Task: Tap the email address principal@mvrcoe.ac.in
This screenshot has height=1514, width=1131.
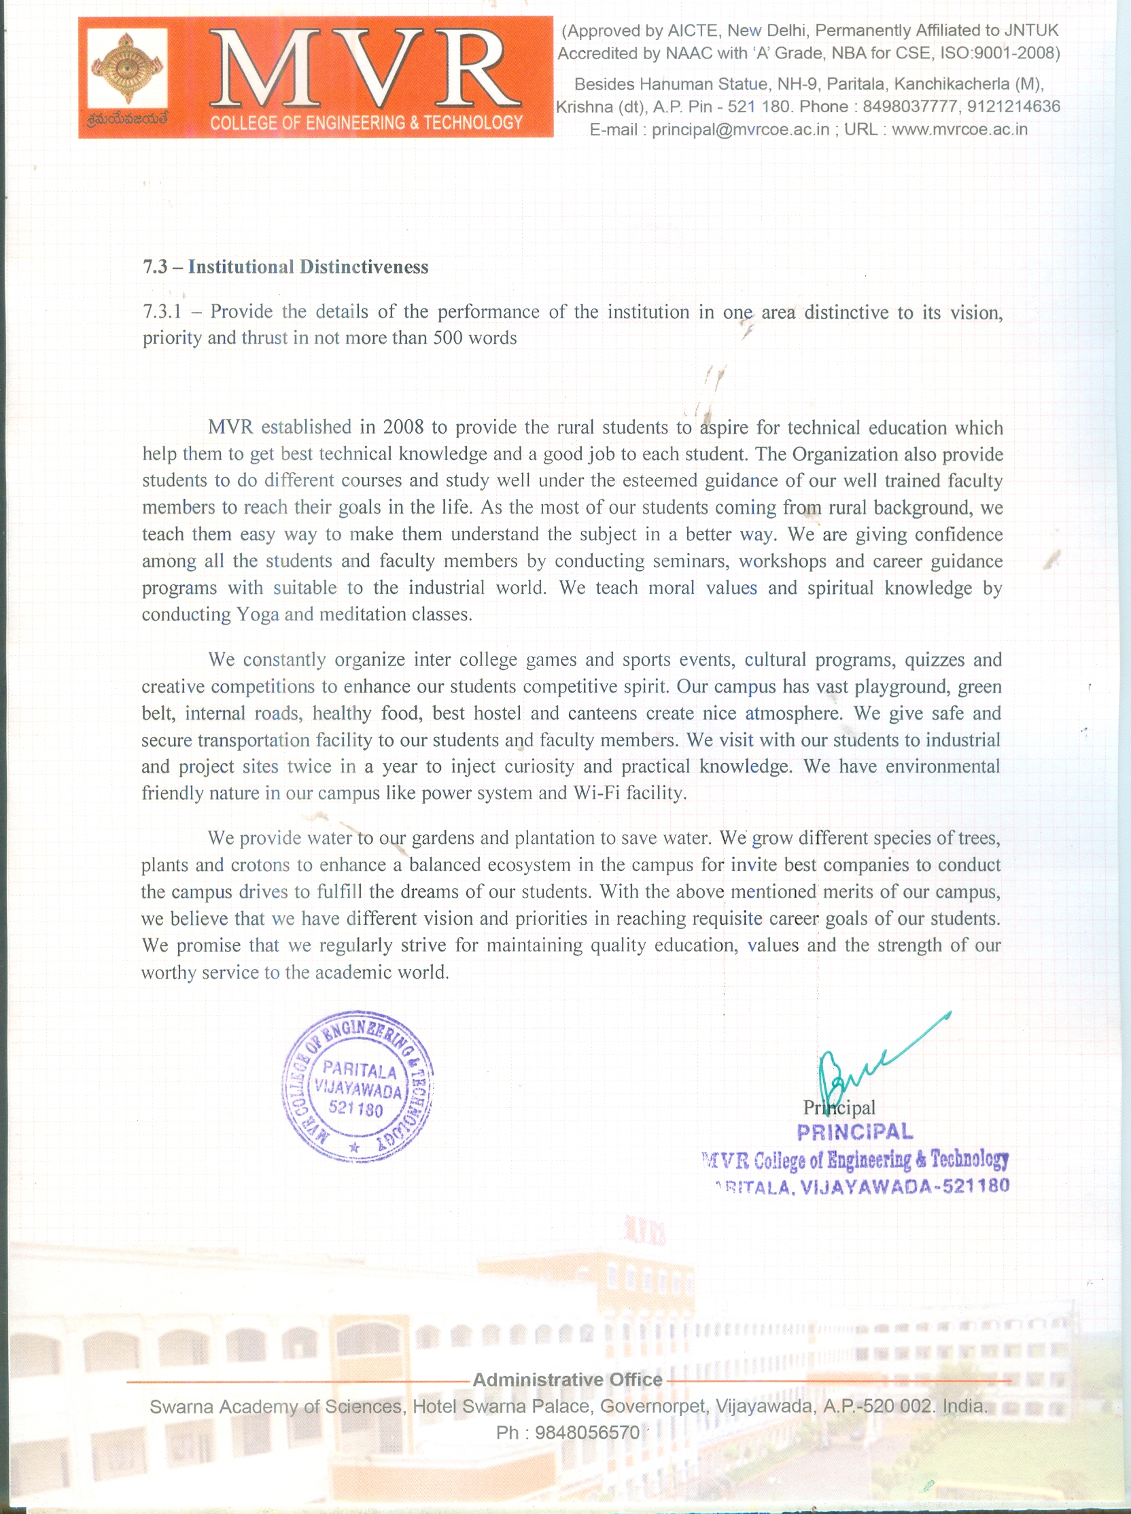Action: (x=740, y=129)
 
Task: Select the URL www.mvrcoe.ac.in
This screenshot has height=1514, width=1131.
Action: (x=959, y=129)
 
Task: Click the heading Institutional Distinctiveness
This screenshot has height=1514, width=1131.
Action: (x=308, y=267)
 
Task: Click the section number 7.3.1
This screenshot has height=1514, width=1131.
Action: (x=162, y=312)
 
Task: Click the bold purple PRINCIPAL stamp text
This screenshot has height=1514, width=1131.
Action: (x=854, y=1132)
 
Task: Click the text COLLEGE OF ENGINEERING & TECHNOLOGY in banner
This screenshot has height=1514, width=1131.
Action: (x=366, y=123)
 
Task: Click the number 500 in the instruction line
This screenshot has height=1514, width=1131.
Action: (x=448, y=338)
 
